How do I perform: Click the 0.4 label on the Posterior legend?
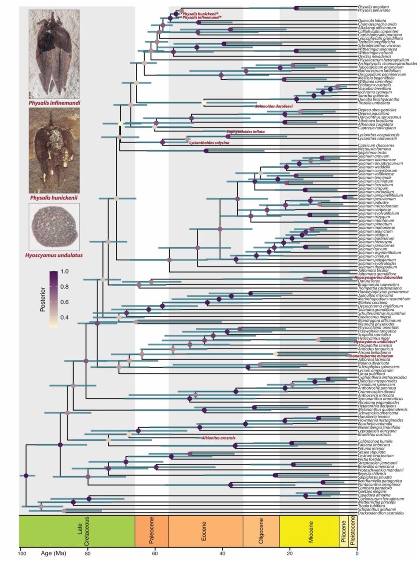(x=64, y=317)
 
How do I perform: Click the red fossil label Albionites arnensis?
(x=218, y=438)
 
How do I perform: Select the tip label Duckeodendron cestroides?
(x=380, y=513)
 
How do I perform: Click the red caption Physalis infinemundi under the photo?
(x=54, y=103)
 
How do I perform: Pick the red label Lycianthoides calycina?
(x=209, y=143)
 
